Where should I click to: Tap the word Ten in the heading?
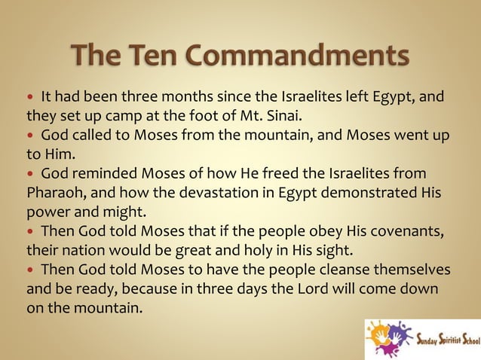coord(152,55)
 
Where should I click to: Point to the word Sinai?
coord(290,115)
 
